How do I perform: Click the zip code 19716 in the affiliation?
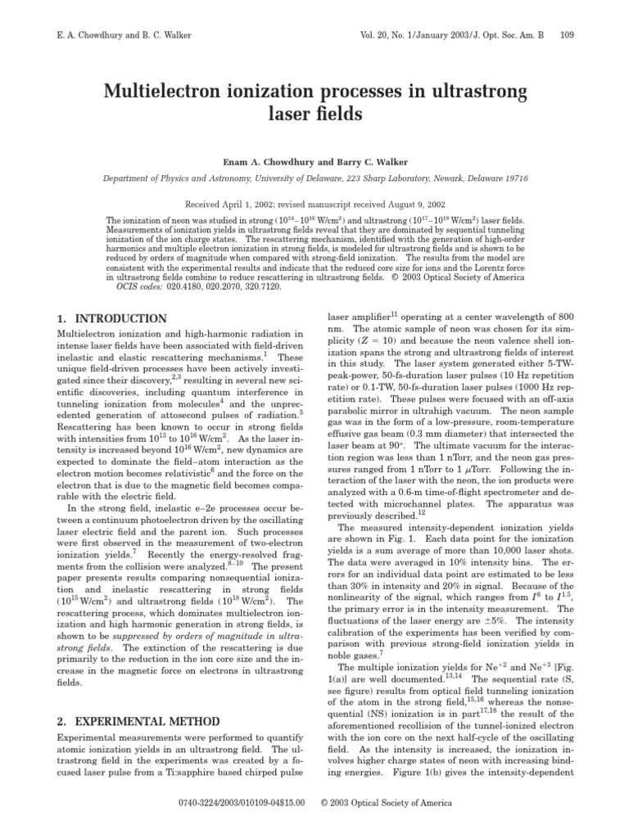(x=514, y=178)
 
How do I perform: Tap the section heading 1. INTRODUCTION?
(x=111, y=318)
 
